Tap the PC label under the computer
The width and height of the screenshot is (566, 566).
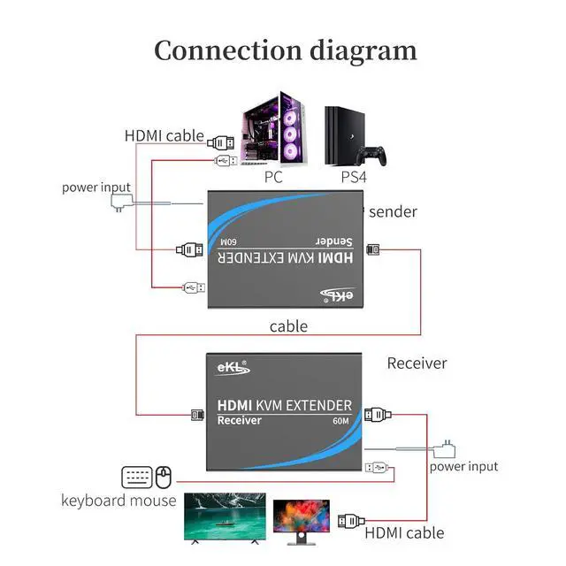point(274,178)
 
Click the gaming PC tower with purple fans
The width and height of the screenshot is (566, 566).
point(273,127)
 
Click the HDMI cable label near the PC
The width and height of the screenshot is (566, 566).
point(164,136)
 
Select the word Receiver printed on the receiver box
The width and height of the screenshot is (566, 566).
point(240,420)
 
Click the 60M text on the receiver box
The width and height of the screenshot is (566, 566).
point(341,421)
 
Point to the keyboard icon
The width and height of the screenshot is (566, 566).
point(137,478)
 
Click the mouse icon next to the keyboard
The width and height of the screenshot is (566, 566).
point(163,478)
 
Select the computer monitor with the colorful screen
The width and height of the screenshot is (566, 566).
point(301,518)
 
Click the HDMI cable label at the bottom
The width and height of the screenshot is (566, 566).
point(404,532)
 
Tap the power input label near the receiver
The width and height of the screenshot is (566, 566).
point(463,466)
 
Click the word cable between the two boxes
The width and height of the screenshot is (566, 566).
point(288,326)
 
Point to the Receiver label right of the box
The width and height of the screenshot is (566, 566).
point(417,363)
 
